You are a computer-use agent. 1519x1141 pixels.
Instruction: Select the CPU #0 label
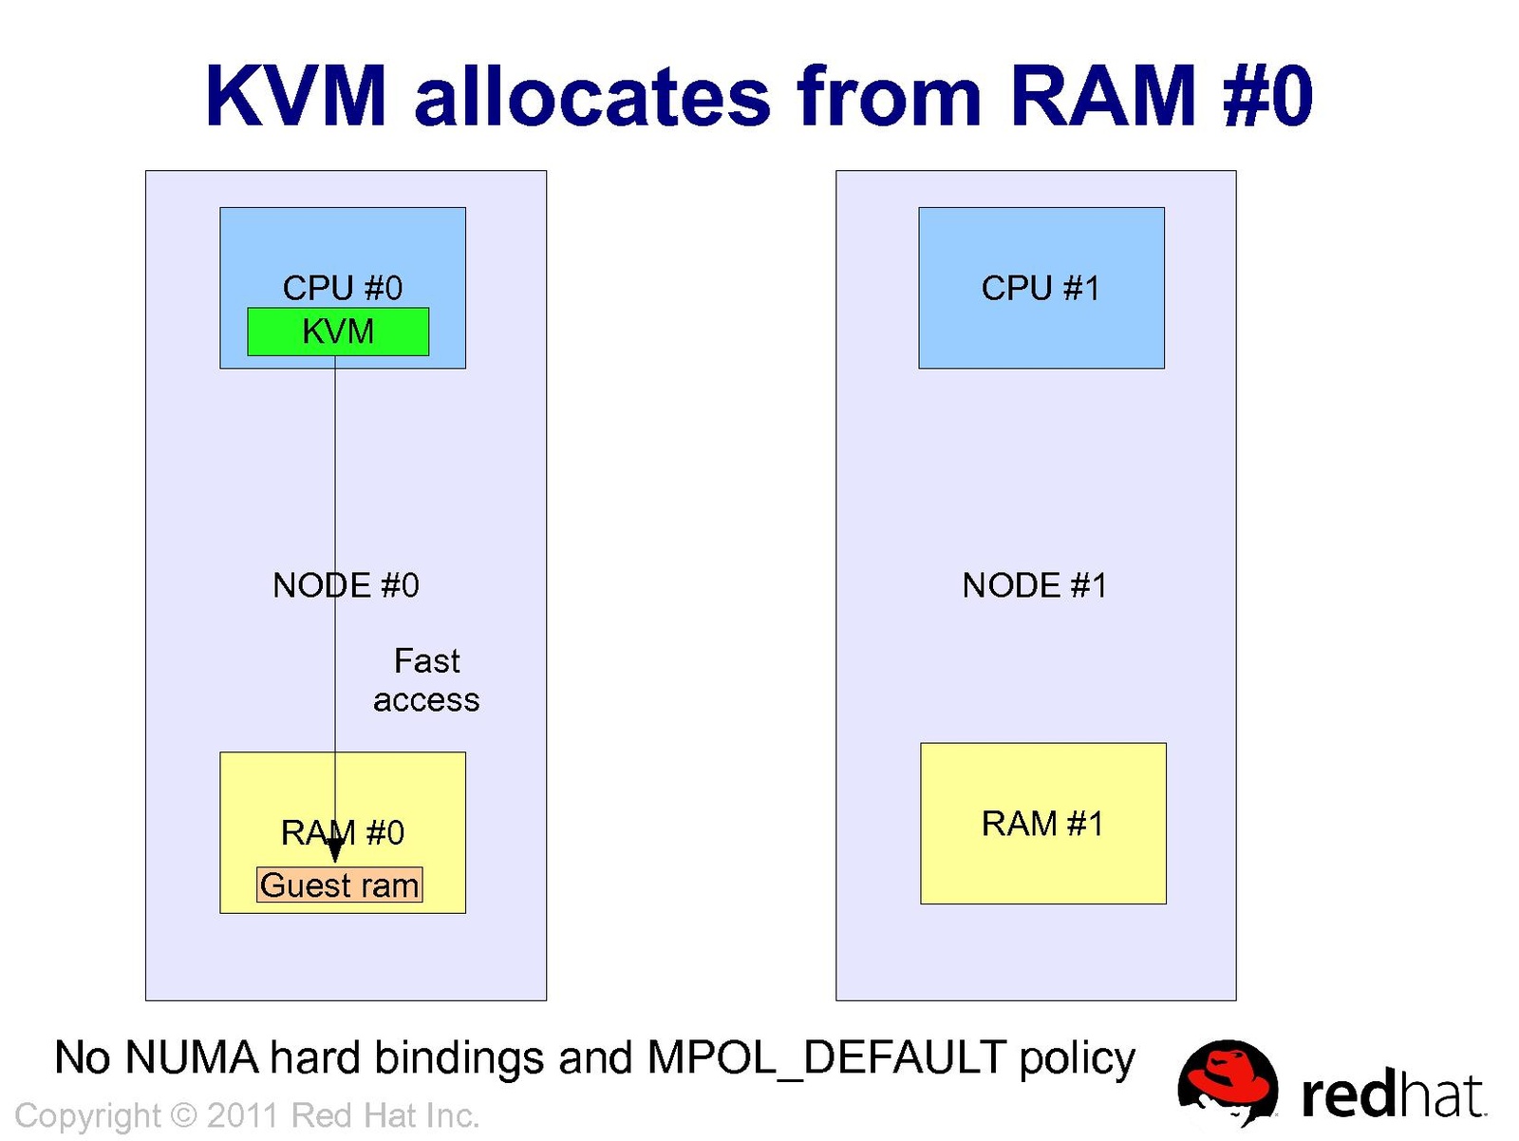pyautogui.click(x=342, y=288)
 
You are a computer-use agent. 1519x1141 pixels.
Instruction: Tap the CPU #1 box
pyautogui.click(x=1041, y=288)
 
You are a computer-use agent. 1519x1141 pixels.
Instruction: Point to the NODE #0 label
pyautogui.click(x=346, y=585)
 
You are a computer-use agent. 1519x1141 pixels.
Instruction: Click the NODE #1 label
pyautogui.click(x=1035, y=585)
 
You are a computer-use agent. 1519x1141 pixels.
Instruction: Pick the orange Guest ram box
pyautogui.click(x=339, y=885)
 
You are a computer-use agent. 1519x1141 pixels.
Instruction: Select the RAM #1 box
pyautogui.click(x=1042, y=823)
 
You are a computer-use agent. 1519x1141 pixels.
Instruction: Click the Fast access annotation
pyautogui.click(x=426, y=680)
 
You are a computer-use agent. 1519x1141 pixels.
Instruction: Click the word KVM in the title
pyautogui.click(x=296, y=96)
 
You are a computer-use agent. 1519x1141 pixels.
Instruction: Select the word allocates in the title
pyautogui.click(x=592, y=96)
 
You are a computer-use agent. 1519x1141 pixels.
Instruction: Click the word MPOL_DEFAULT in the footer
pyautogui.click(x=826, y=1058)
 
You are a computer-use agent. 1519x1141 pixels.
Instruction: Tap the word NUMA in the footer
pyautogui.click(x=192, y=1058)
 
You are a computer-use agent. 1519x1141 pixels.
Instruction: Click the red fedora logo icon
pyautogui.click(x=1227, y=1083)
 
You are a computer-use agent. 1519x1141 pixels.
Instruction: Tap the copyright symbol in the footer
pyautogui.click(x=183, y=1115)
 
